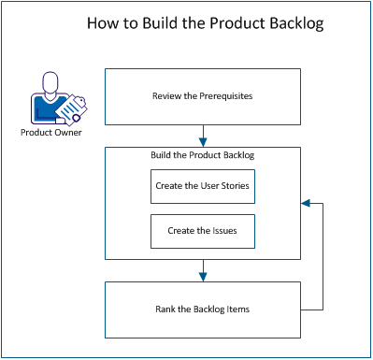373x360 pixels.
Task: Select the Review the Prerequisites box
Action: coord(203,95)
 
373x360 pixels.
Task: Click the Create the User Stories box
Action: coord(203,187)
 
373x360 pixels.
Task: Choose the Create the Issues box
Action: coord(203,230)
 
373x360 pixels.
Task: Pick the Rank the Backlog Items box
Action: coord(203,310)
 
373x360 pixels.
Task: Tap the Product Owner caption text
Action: coord(51,132)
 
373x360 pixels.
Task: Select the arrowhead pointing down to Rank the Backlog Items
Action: coord(203,277)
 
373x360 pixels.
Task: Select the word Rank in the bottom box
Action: coord(164,310)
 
